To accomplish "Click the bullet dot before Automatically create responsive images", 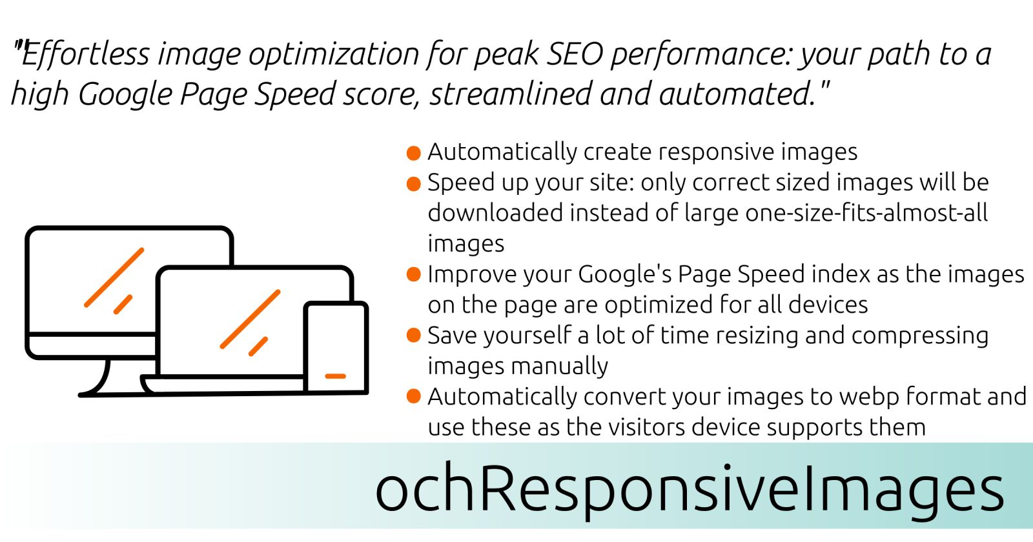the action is click(414, 153).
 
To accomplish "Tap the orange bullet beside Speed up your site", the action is click(414, 184).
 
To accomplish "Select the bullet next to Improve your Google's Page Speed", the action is click(414, 275).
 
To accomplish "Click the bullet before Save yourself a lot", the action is click(414, 336).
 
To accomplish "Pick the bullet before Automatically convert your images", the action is click(414, 396).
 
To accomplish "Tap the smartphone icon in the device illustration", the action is click(336, 347).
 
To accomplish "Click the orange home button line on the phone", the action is click(335, 377).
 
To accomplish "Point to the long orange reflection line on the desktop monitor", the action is click(114, 277).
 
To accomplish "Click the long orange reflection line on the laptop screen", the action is click(251, 319).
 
